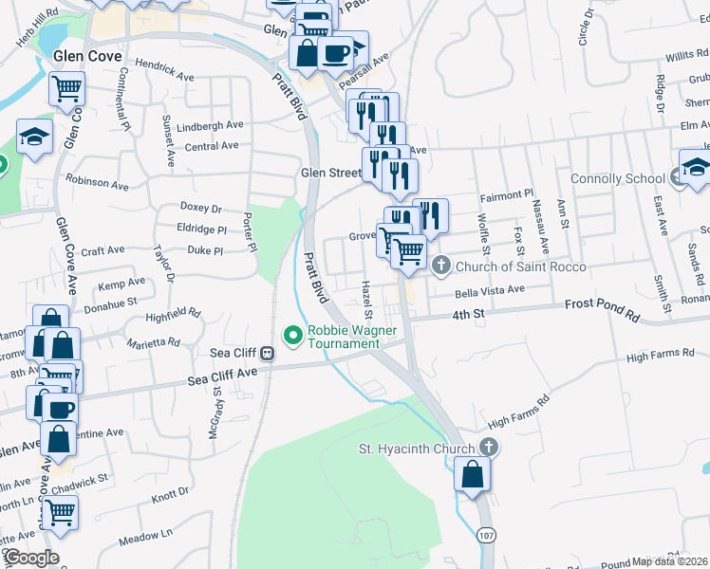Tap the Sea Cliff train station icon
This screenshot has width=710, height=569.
[x=268, y=353]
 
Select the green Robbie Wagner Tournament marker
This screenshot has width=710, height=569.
[x=292, y=334]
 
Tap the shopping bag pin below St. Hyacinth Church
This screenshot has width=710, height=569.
[x=473, y=474]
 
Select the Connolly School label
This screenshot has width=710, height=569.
[x=617, y=178]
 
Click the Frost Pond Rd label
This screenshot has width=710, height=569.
[x=603, y=306]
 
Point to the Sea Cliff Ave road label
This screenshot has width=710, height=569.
[x=222, y=376]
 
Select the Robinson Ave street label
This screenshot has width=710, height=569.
[x=96, y=177]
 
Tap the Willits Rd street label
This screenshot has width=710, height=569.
[x=686, y=57]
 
